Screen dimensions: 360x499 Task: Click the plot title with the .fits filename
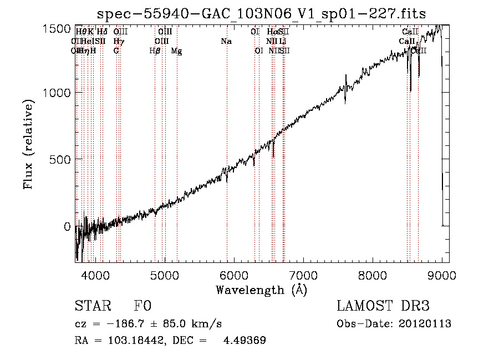(x=261, y=14)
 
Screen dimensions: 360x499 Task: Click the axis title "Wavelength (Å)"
(x=261, y=290)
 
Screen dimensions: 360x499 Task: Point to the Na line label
(x=226, y=42)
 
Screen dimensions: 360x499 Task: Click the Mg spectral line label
(x=176, y=51)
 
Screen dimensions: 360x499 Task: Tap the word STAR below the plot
(x=92, y=306)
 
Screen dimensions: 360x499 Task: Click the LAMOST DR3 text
(x=383, y=306)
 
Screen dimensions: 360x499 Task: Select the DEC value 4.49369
(x=245, y=341)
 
